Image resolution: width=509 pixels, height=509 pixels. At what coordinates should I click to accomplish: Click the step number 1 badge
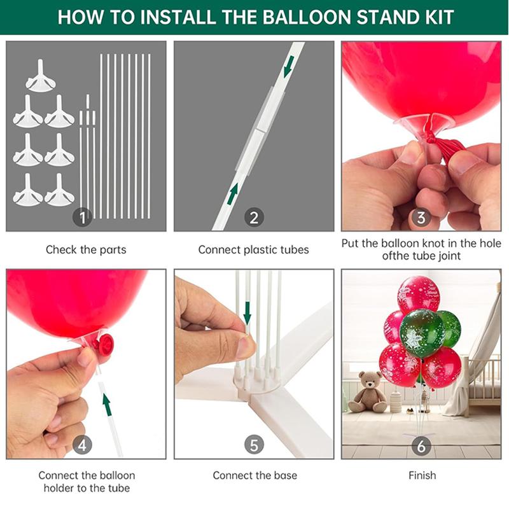pos(82,217)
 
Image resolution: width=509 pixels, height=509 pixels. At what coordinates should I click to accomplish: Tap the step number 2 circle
pos(254,217)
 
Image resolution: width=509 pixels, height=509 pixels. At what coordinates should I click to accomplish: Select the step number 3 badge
pos(421,217)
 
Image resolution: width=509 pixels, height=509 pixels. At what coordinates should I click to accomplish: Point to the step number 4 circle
pos(82,445)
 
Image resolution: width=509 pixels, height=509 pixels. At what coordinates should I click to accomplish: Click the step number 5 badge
pos(254,445)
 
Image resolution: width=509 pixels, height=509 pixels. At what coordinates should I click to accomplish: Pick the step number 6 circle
pos(421,446)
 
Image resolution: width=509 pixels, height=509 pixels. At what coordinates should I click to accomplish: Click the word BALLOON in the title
pos(307,17)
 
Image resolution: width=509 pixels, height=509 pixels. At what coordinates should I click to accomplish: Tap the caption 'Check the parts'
pos(86,249)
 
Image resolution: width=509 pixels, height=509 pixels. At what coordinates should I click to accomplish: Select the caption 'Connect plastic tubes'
pos(253,249)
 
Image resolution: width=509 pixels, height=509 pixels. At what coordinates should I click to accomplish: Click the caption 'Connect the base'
pos(255,475)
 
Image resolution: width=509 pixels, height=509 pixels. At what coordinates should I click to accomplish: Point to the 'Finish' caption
pos(422,475)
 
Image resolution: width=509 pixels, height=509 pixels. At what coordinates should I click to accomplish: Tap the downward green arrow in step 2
pos(288,67)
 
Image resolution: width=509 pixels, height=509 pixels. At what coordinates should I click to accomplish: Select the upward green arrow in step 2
pos(232,194)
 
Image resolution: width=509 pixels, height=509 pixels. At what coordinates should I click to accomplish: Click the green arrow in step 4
pos(107,404)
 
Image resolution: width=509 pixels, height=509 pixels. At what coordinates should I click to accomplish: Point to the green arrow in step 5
pos(248,313)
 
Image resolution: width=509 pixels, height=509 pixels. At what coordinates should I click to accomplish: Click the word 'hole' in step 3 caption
pos(489,243)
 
